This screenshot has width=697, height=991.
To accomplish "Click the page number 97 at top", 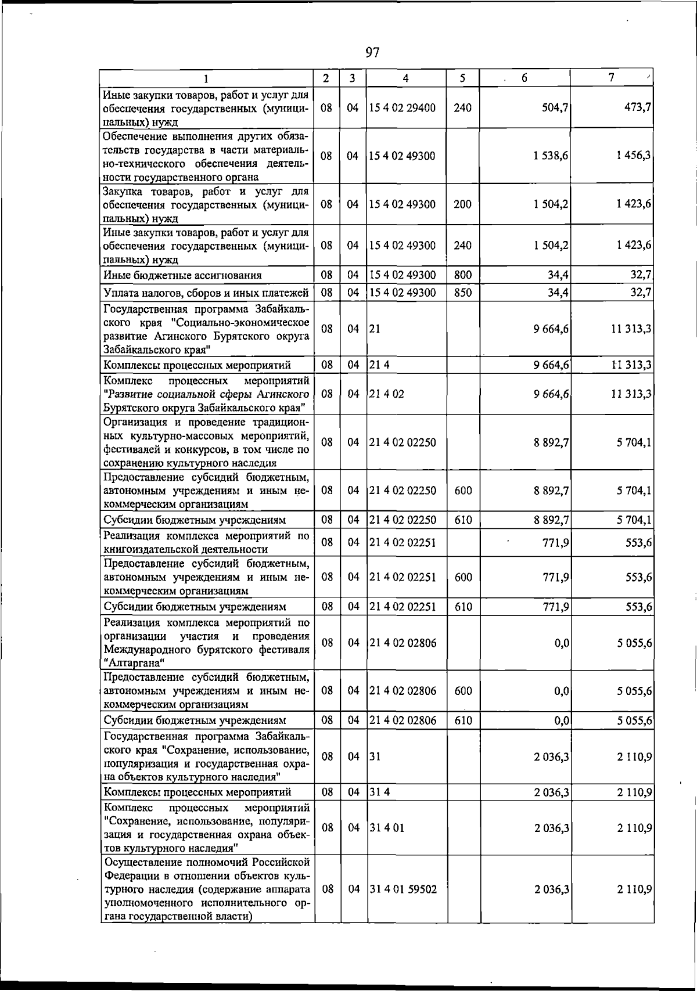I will coord(372,53).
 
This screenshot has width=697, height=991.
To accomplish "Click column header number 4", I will coord(405,78).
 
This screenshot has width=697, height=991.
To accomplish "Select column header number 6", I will coord(523,78).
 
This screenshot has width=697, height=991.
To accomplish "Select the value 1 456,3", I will coord(634,156).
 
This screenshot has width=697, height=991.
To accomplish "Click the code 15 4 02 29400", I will coord(402,108).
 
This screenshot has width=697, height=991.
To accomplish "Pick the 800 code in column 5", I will coord(462,275).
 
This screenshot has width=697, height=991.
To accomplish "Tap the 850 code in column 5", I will coord(462,293).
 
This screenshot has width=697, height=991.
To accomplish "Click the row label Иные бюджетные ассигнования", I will coord(182,275).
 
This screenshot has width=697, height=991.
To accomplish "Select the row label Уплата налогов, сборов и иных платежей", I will coord(206,293).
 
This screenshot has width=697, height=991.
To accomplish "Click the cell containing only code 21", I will coord(375,329).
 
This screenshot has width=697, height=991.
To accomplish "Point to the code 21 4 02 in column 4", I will coord(387,394).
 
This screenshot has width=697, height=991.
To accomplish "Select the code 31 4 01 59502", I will coord(403,889).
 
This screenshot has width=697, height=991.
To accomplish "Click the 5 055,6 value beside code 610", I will coord(634,721).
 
